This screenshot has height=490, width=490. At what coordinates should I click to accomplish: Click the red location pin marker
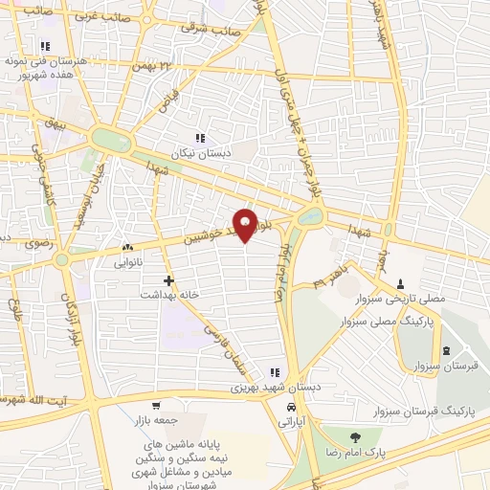[246, 223]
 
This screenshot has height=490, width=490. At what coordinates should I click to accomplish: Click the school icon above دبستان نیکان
[199, 138]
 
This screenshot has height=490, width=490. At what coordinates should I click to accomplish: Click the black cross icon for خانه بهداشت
[169, 280]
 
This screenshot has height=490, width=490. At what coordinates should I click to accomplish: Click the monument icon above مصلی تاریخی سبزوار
[401, 284]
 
